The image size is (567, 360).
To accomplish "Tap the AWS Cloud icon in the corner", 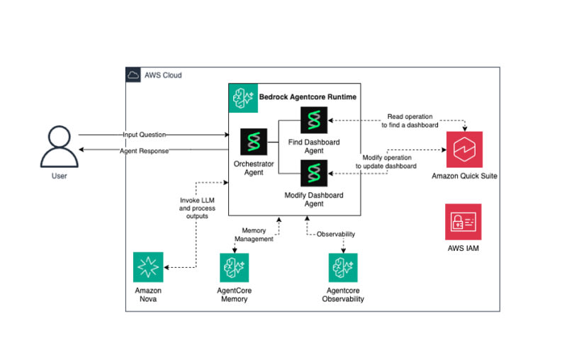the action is click(x=133, y=75).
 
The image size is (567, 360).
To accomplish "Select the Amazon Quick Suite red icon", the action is click(x=464, y=150).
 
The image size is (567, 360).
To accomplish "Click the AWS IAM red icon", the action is click(x=464, y=222).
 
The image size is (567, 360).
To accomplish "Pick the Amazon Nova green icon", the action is click(x=148, y=267).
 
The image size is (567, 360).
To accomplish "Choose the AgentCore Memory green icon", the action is click(x=235, y=267).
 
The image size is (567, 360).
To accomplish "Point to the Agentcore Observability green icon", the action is click(x=343, y=267).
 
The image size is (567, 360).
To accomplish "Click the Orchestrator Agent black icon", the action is click(x=254, y=142).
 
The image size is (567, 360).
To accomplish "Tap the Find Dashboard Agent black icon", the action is click(x=314, y=120).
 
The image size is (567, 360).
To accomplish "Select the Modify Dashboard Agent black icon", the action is click(x=314, y=173).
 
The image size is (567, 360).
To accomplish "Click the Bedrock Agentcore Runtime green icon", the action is click(x=243, y=98).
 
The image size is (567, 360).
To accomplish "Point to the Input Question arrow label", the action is click(x=145, y=135).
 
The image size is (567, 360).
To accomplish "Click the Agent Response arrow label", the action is click(x=145, y=151).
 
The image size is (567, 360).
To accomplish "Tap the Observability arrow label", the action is click(x=336, y=235).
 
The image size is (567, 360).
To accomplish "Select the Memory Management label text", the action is click(x=254, y=235).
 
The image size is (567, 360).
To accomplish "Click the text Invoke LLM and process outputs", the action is click(x=197, y=208).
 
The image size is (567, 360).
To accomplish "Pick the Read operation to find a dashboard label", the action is click(x=410, y=120).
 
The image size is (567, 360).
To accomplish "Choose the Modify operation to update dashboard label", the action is click(x=386, y=162).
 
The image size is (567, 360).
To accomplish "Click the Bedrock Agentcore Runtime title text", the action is click(x=308, y=97).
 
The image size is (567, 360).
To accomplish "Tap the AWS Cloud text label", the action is click(x=163, y=75).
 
